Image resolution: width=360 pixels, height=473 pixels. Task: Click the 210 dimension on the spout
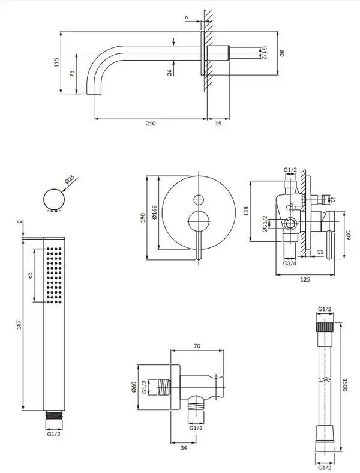click(x=151, y=124)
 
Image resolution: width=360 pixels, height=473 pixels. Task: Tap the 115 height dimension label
click(x=56, y=62)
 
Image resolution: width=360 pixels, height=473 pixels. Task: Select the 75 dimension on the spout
click(x=72, y=74)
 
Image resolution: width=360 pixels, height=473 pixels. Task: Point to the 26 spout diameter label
click(x=169, y=73)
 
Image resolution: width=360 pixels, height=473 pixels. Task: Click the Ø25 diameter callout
click(x=70, y=180)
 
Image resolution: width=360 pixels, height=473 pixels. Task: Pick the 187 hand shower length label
click(x=19, y=324)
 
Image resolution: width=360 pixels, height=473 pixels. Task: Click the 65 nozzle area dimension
click(x=29, y=275)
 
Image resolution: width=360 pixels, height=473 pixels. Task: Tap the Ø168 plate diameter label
click(x=154, y=212)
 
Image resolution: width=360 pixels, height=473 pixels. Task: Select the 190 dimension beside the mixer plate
click(x=143, y=217)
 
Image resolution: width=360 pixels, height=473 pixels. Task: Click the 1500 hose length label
click(x=345, y=385)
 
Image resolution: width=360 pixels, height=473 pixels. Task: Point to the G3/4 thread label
click(x=290, y=264)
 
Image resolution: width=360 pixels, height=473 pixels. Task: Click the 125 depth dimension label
click(x=305, y=280)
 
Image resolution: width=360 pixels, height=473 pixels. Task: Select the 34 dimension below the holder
click(x=184, y=448)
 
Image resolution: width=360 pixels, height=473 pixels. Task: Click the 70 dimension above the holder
click(x=197, y=346)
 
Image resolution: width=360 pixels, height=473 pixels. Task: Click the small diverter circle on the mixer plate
click(x=199, y=200)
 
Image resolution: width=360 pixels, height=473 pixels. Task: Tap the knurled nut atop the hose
click(x=325, y=327)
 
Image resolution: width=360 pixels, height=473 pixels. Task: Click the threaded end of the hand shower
click(x=54, y=415)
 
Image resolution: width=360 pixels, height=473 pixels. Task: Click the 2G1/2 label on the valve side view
click(x=265, y=224)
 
